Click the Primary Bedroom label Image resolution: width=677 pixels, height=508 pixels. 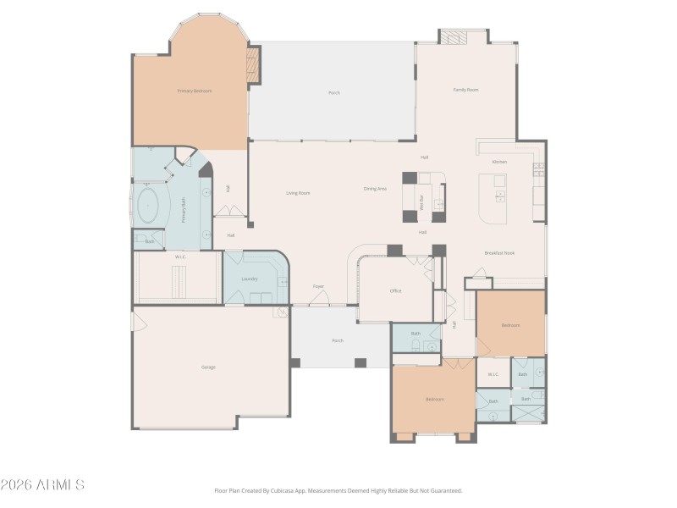point(194,91)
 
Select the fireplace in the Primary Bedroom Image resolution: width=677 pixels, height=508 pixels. point(251,65)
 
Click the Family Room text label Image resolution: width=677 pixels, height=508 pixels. point(465,89)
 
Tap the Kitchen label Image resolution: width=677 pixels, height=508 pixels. point(499,162)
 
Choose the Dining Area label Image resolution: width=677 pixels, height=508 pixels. point(375,189)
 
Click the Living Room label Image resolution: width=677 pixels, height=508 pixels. point(298,193)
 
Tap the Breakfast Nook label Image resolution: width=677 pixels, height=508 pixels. point(499,253)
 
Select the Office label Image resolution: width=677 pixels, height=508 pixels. point(395,290)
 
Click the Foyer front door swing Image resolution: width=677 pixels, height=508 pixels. point(318,297)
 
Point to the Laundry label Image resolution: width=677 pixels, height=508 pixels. point(249,279)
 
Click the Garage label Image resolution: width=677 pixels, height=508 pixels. point(207,367)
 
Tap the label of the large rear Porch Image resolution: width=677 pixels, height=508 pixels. point(333,92)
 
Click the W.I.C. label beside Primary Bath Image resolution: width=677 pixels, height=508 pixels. point(180,257)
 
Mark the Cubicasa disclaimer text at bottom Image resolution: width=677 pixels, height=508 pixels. point(338,490)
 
